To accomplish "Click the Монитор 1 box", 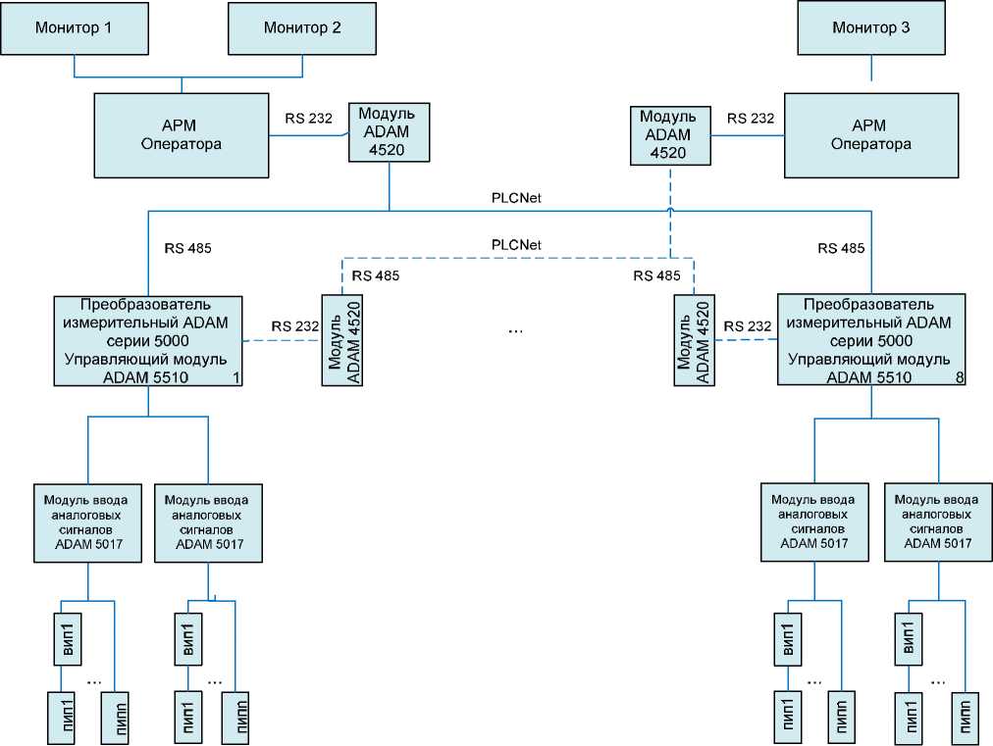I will [x=74, y=27].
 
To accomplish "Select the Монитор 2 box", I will [x=302, y=27].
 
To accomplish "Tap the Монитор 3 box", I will [x=870, y=27].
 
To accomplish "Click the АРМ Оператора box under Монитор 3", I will [x=870, y=135].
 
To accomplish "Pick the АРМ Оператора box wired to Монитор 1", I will [x=182, y=135].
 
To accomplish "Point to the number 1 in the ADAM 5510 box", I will [x=236, y=377].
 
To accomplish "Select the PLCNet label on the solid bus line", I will [x=516, y=198].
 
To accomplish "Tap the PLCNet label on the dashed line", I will [x=516, y=244].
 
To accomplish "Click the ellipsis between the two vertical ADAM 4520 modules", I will [x=516, y=330].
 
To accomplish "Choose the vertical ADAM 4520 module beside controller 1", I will [x=340, y=339].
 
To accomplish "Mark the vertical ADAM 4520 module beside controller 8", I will [x=693, y=339].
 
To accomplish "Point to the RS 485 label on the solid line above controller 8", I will [x=841, y=248].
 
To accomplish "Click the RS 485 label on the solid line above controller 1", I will [x=188, y=248].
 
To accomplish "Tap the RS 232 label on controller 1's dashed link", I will [x=295, y=326].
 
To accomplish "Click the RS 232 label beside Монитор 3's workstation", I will [x=751, y=119].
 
